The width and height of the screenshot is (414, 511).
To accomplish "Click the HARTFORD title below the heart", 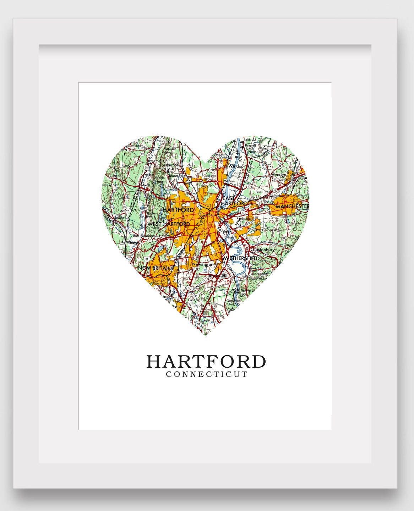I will pyautogui.click(x=206, y=362).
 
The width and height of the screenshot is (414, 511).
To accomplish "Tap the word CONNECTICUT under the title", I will pyautogui.click(x=206, y=374).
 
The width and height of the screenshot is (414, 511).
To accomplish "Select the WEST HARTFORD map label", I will pyautogui.click(x=169, y=224).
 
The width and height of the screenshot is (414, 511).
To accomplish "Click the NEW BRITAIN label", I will pyautogui.click(x=156, y=268).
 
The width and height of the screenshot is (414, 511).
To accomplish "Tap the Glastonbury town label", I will pyautogui.click(x=263, y=250).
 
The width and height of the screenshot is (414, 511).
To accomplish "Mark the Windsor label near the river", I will pyautogui.click(x=237, y=166).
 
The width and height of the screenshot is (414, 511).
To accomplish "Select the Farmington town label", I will pyautogui.click(x=130, y=242).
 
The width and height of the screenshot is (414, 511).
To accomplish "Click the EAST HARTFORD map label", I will pyautogui.click(x=234, y=200).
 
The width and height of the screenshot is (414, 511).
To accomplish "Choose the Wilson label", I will pyautogui.click(x=229, y=181).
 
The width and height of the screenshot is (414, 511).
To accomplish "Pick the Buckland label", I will pyautogui.click(x=262, y=192).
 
